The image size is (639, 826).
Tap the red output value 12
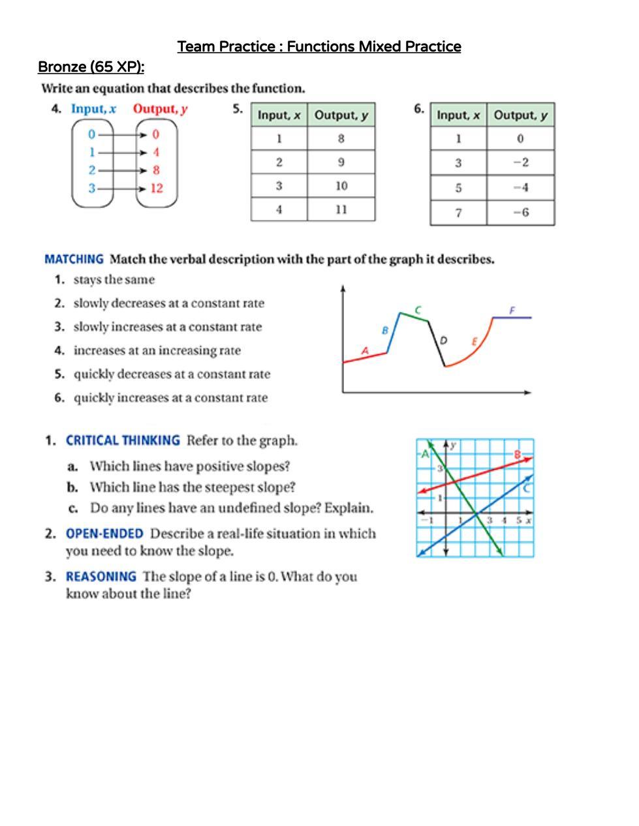tap(157, 189)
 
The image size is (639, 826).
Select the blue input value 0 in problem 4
tap(92, 134)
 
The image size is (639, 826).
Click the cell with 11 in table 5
tap(341, 209)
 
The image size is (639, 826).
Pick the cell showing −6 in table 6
tap(520, 212)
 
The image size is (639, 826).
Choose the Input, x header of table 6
tap(458, 115)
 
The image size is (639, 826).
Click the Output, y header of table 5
tap(341, 115)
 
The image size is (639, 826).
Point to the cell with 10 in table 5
tap(341, 186)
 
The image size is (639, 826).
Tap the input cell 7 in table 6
tap(458, 212)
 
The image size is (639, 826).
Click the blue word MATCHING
tap(74, 259)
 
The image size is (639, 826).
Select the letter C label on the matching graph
tap(418, 309)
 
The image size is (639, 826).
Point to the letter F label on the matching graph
tap(512, 310)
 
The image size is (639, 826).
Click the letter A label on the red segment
tap(366, 351)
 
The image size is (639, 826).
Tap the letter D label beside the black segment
tap(444, 340)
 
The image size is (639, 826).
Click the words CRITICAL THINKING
tap(123, 440)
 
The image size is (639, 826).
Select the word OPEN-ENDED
tap(104, 534)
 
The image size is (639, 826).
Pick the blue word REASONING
tap(101, 577)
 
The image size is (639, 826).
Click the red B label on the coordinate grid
tap(518, 454)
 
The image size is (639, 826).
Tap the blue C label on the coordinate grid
tap(526, 488)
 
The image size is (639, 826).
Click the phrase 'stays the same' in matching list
tap(114, 280)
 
